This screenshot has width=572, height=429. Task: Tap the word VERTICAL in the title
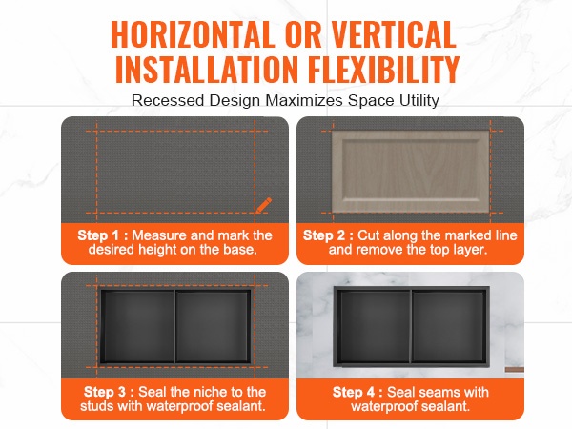click(394, 34)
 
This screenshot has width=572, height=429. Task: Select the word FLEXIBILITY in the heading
click(383, 69)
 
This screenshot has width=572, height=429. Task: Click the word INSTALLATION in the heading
click(207, 69)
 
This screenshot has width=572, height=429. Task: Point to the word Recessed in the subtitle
click(168, 100)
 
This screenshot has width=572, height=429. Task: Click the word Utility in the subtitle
click(419, 100)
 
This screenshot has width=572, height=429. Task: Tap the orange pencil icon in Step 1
click(263, 205)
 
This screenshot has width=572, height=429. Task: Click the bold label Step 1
click(103, 235)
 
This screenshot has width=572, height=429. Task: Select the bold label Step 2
click(328, 235)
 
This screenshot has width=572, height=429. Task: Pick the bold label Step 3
click(109, 392)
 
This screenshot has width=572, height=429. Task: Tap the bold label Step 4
click(357, 392)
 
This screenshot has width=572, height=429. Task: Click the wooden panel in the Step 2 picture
click(410, 171)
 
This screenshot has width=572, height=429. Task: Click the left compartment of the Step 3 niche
click(137, 326)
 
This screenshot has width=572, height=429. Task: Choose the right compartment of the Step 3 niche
click(213, 326)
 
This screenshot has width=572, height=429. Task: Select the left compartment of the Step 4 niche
click(373, 326)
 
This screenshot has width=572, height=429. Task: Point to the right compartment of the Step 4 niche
click(449, 326)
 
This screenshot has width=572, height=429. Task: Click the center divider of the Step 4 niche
click(412, 326)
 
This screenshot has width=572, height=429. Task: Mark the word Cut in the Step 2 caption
click(368, 235)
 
